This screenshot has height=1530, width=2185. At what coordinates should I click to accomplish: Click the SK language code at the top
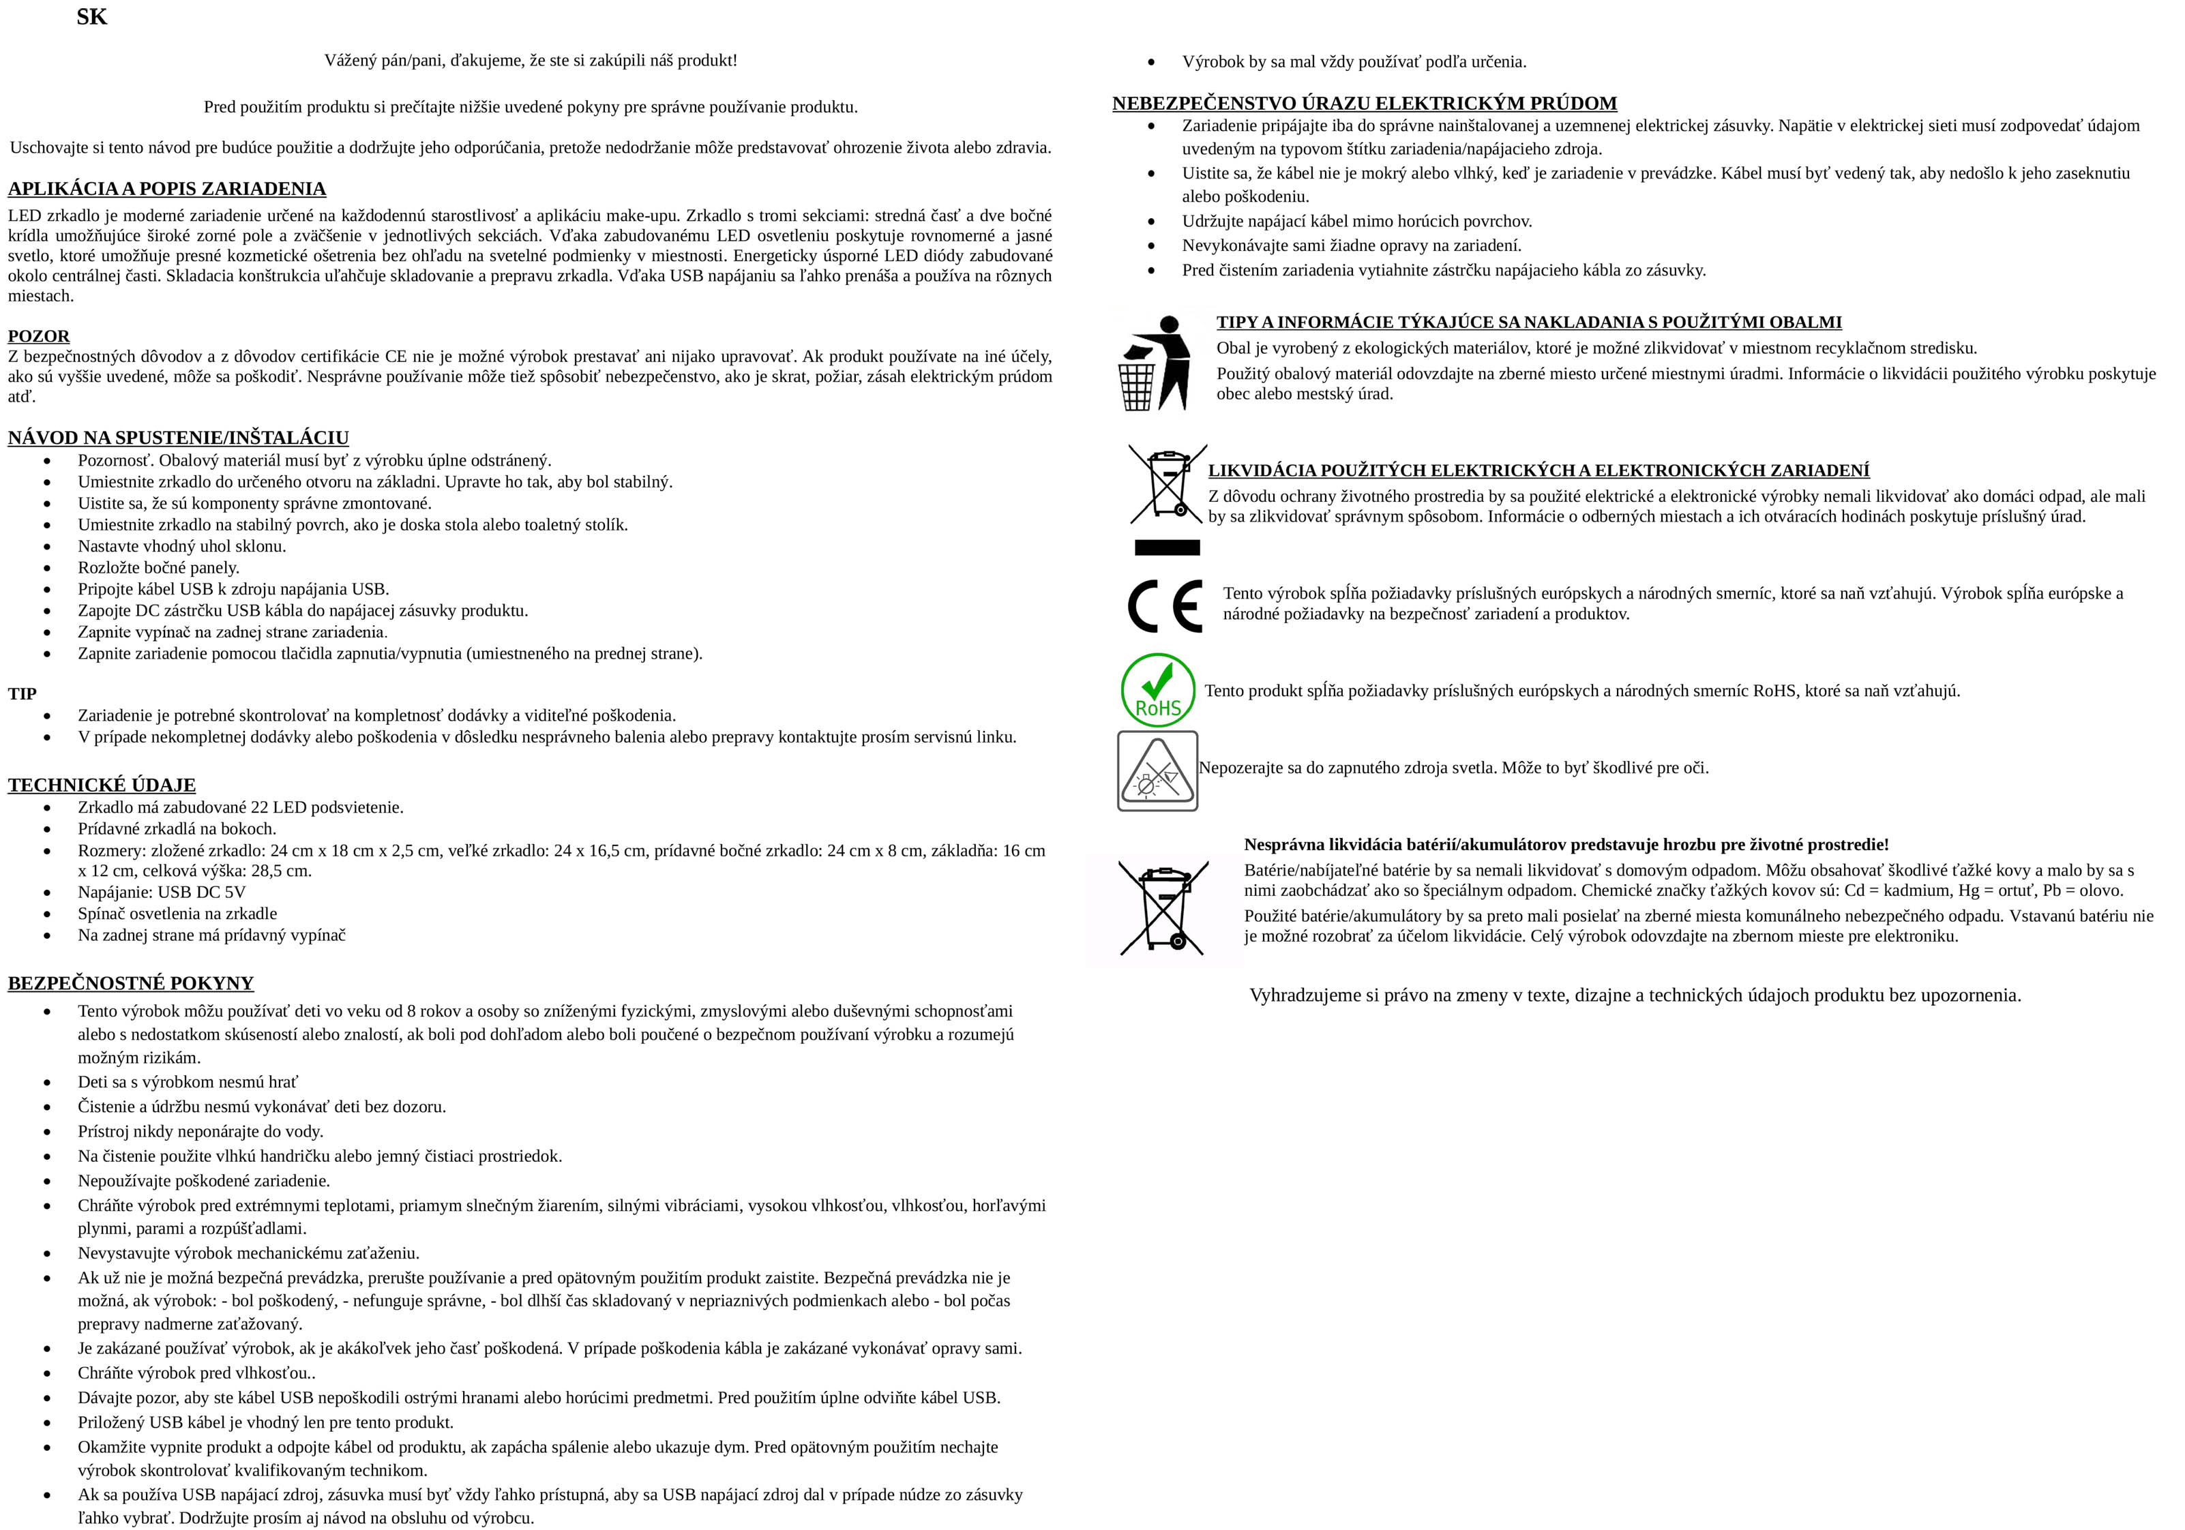pos(91,17)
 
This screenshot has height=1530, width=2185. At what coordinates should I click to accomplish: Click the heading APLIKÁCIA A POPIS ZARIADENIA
pos(166,188)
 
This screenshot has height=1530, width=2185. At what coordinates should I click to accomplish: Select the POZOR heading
pos(39,336)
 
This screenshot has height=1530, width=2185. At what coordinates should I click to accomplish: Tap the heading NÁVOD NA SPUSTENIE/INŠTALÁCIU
pos(178,438)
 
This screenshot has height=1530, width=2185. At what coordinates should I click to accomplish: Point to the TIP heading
pos(22,693)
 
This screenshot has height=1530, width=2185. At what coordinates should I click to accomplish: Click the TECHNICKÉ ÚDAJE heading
pos(102,785)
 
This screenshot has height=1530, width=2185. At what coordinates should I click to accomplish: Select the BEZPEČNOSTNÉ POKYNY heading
pos(130,983)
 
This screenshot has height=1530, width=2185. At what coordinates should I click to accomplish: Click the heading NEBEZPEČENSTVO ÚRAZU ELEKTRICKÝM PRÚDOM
pos(1364,104)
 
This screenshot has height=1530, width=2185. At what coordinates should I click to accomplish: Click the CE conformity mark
pos(1165,606)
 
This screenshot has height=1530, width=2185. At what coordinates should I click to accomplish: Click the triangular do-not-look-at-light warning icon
pos(1157,770)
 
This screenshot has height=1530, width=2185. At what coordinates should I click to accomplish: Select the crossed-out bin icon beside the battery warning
pos(1163,907)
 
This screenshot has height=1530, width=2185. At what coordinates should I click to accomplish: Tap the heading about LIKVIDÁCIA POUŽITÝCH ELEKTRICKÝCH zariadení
pos(1538,470)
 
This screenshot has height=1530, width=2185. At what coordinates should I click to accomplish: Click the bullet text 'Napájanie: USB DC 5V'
pos(162,892)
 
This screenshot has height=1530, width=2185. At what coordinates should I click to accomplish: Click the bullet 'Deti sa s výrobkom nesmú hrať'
pos(188,1082)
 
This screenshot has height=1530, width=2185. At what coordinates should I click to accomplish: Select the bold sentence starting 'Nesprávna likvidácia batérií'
pos(1566,845)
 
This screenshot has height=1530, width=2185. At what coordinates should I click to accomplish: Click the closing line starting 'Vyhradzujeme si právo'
pos(1635,995)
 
